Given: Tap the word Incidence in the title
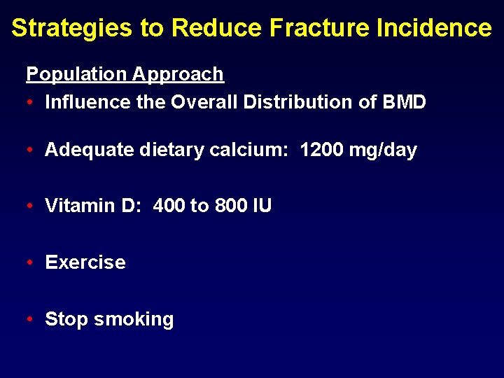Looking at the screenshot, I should coord(434,28).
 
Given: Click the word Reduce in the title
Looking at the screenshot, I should coord(216,28).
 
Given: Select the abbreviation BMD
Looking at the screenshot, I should coord(405,102).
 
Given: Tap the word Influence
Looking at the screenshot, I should coord(87,102).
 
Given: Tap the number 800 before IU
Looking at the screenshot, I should coord(231,206).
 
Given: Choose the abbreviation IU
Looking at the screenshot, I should coord(262,206).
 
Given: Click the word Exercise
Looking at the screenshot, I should coord(85,262).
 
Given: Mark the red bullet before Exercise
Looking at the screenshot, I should coord(30,262).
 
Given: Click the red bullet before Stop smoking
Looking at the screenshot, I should coord(30,319).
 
